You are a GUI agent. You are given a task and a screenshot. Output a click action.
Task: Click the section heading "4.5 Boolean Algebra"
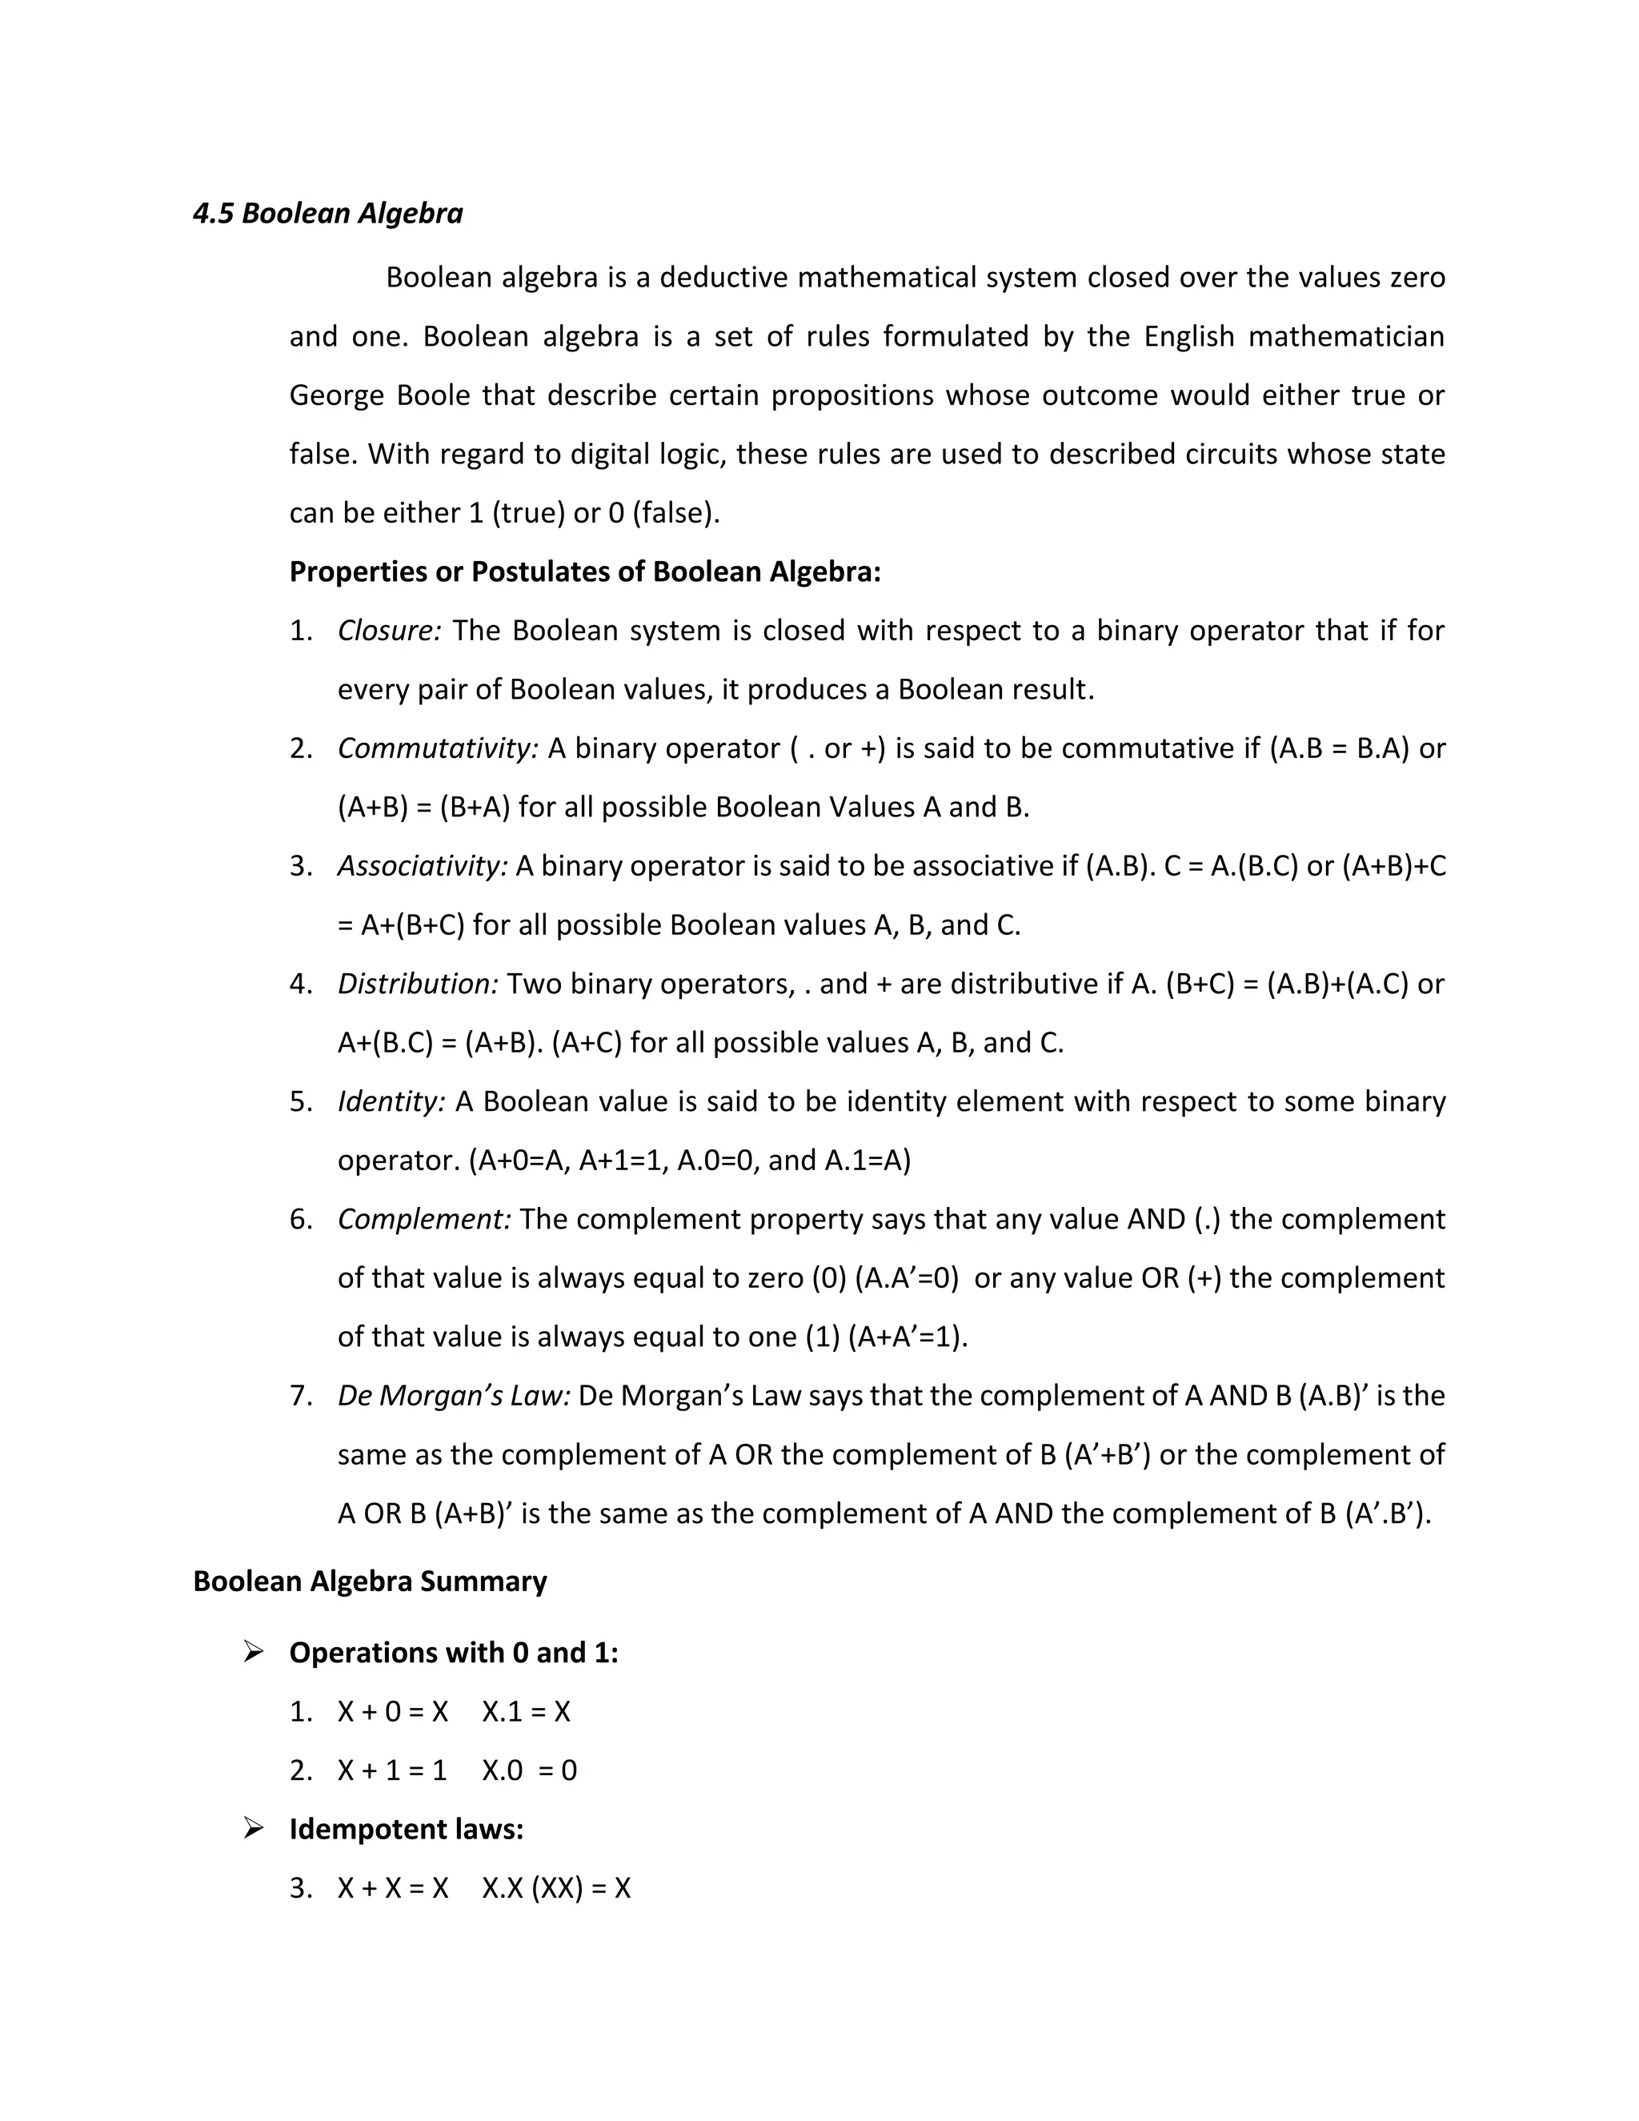click(327, 214)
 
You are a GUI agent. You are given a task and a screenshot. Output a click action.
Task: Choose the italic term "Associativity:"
click(423, 866)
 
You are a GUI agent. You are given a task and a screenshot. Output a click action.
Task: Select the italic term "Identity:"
click(391, 1101)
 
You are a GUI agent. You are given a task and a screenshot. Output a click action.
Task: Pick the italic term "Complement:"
click(424, 1219)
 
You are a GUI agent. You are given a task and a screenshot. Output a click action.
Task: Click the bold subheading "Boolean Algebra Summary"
click(370, 1581)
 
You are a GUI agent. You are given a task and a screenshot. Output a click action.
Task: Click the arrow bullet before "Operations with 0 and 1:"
click(254, 1651)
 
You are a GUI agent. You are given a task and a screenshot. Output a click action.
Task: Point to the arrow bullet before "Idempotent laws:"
click(254, 1829)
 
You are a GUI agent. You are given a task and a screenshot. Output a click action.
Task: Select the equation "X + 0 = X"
click(392, 1711)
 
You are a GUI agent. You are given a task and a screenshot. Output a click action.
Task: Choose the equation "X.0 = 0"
click(529, 1770)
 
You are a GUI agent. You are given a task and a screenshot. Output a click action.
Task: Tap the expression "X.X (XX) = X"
click(556, 1888)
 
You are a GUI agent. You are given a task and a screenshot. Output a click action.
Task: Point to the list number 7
click(300, 1397)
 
